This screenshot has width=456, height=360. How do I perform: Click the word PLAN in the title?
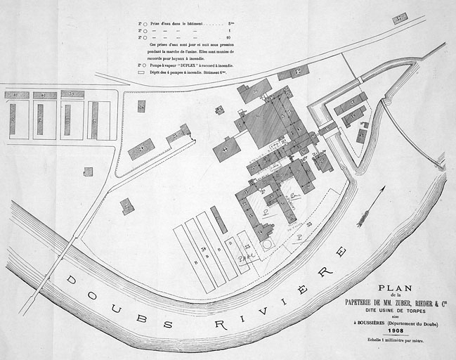[393, 288]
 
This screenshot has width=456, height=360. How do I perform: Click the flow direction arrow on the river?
[371, 207]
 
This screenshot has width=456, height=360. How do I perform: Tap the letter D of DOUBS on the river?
[71, 280]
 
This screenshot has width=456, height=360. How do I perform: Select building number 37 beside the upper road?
[400, 18]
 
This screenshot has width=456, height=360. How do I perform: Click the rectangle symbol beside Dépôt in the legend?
[141, 72]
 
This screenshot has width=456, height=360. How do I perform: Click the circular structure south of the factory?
[267, 243]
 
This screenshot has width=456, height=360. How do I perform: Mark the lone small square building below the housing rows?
[88, 172]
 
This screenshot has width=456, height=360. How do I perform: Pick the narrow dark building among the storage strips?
[219, 219]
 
